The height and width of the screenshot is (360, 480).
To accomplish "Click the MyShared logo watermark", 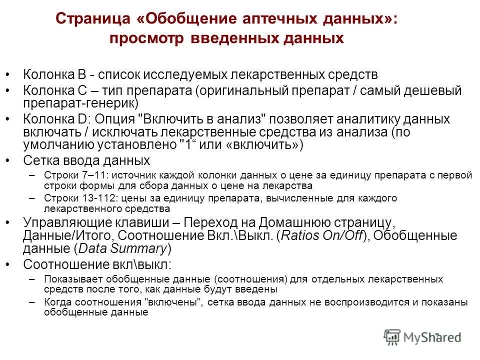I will (422, 337).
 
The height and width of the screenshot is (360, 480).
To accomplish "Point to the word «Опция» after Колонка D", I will (116, 119).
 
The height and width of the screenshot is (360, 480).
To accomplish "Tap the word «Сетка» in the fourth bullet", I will (41, 160).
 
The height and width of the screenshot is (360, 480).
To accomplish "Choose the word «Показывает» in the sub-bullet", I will (67, 279).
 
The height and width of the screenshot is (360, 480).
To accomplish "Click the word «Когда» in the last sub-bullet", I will (55, 303).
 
